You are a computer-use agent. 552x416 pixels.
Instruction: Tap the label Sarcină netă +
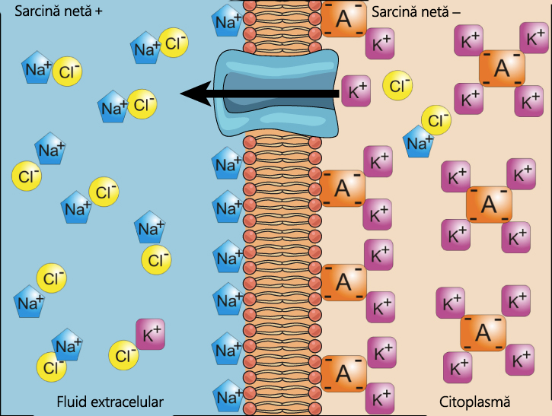(x=53, y=12)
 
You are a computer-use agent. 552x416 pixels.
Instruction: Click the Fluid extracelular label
(x=110, y=401)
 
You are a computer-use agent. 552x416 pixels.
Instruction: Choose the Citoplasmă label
(x=474, y=401)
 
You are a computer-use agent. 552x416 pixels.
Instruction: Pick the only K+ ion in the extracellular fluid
(x=151, y=334)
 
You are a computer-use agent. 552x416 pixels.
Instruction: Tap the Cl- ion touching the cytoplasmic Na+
(x=437, y=120)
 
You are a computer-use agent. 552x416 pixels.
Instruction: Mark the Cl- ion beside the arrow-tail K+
(x=397, y=85)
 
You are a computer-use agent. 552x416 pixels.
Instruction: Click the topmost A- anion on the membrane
(x=343, y=19)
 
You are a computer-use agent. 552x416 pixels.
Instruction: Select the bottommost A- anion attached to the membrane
(x=343, y=373)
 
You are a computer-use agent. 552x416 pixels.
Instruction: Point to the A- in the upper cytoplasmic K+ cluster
(x=502, y=68)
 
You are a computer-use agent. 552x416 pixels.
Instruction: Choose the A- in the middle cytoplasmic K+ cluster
(x=489, y=204)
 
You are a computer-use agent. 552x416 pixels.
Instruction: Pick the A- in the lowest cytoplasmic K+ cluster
(x=483, y=332)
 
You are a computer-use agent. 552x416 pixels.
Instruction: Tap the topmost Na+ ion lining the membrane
(x=227, y=22)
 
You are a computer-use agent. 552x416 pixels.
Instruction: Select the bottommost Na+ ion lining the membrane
(x=227, y=396)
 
